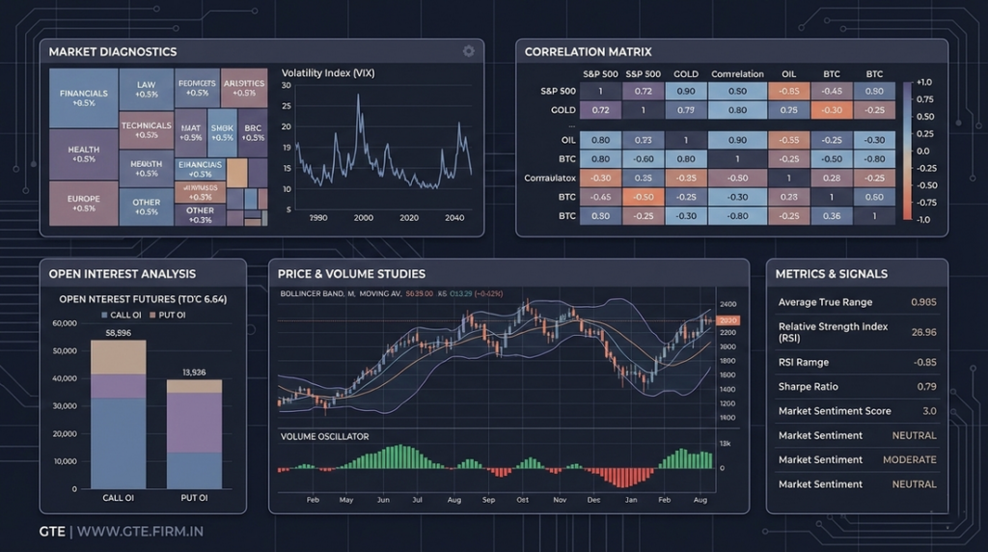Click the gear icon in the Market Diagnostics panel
[x=469, y=51]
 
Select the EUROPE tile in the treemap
[x=84, y=204]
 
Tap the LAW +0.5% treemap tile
[x=147, y=90]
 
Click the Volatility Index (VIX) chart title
[x=328, y=73]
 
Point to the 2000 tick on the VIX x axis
[x=364, y=218]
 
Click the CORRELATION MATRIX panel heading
[x=588, y=51]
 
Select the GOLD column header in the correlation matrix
[x=686, y=74]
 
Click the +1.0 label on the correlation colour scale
[x=922, y=82]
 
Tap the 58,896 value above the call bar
[x=118, y=332]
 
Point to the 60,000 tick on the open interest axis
[x=64, y=323]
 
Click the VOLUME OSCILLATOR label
[x=324, y=436]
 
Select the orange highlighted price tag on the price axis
[x=728, y=320]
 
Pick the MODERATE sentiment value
[x=910, y=460]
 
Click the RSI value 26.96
[x=923, y=332]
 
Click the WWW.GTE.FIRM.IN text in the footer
[x=140, y=531]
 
